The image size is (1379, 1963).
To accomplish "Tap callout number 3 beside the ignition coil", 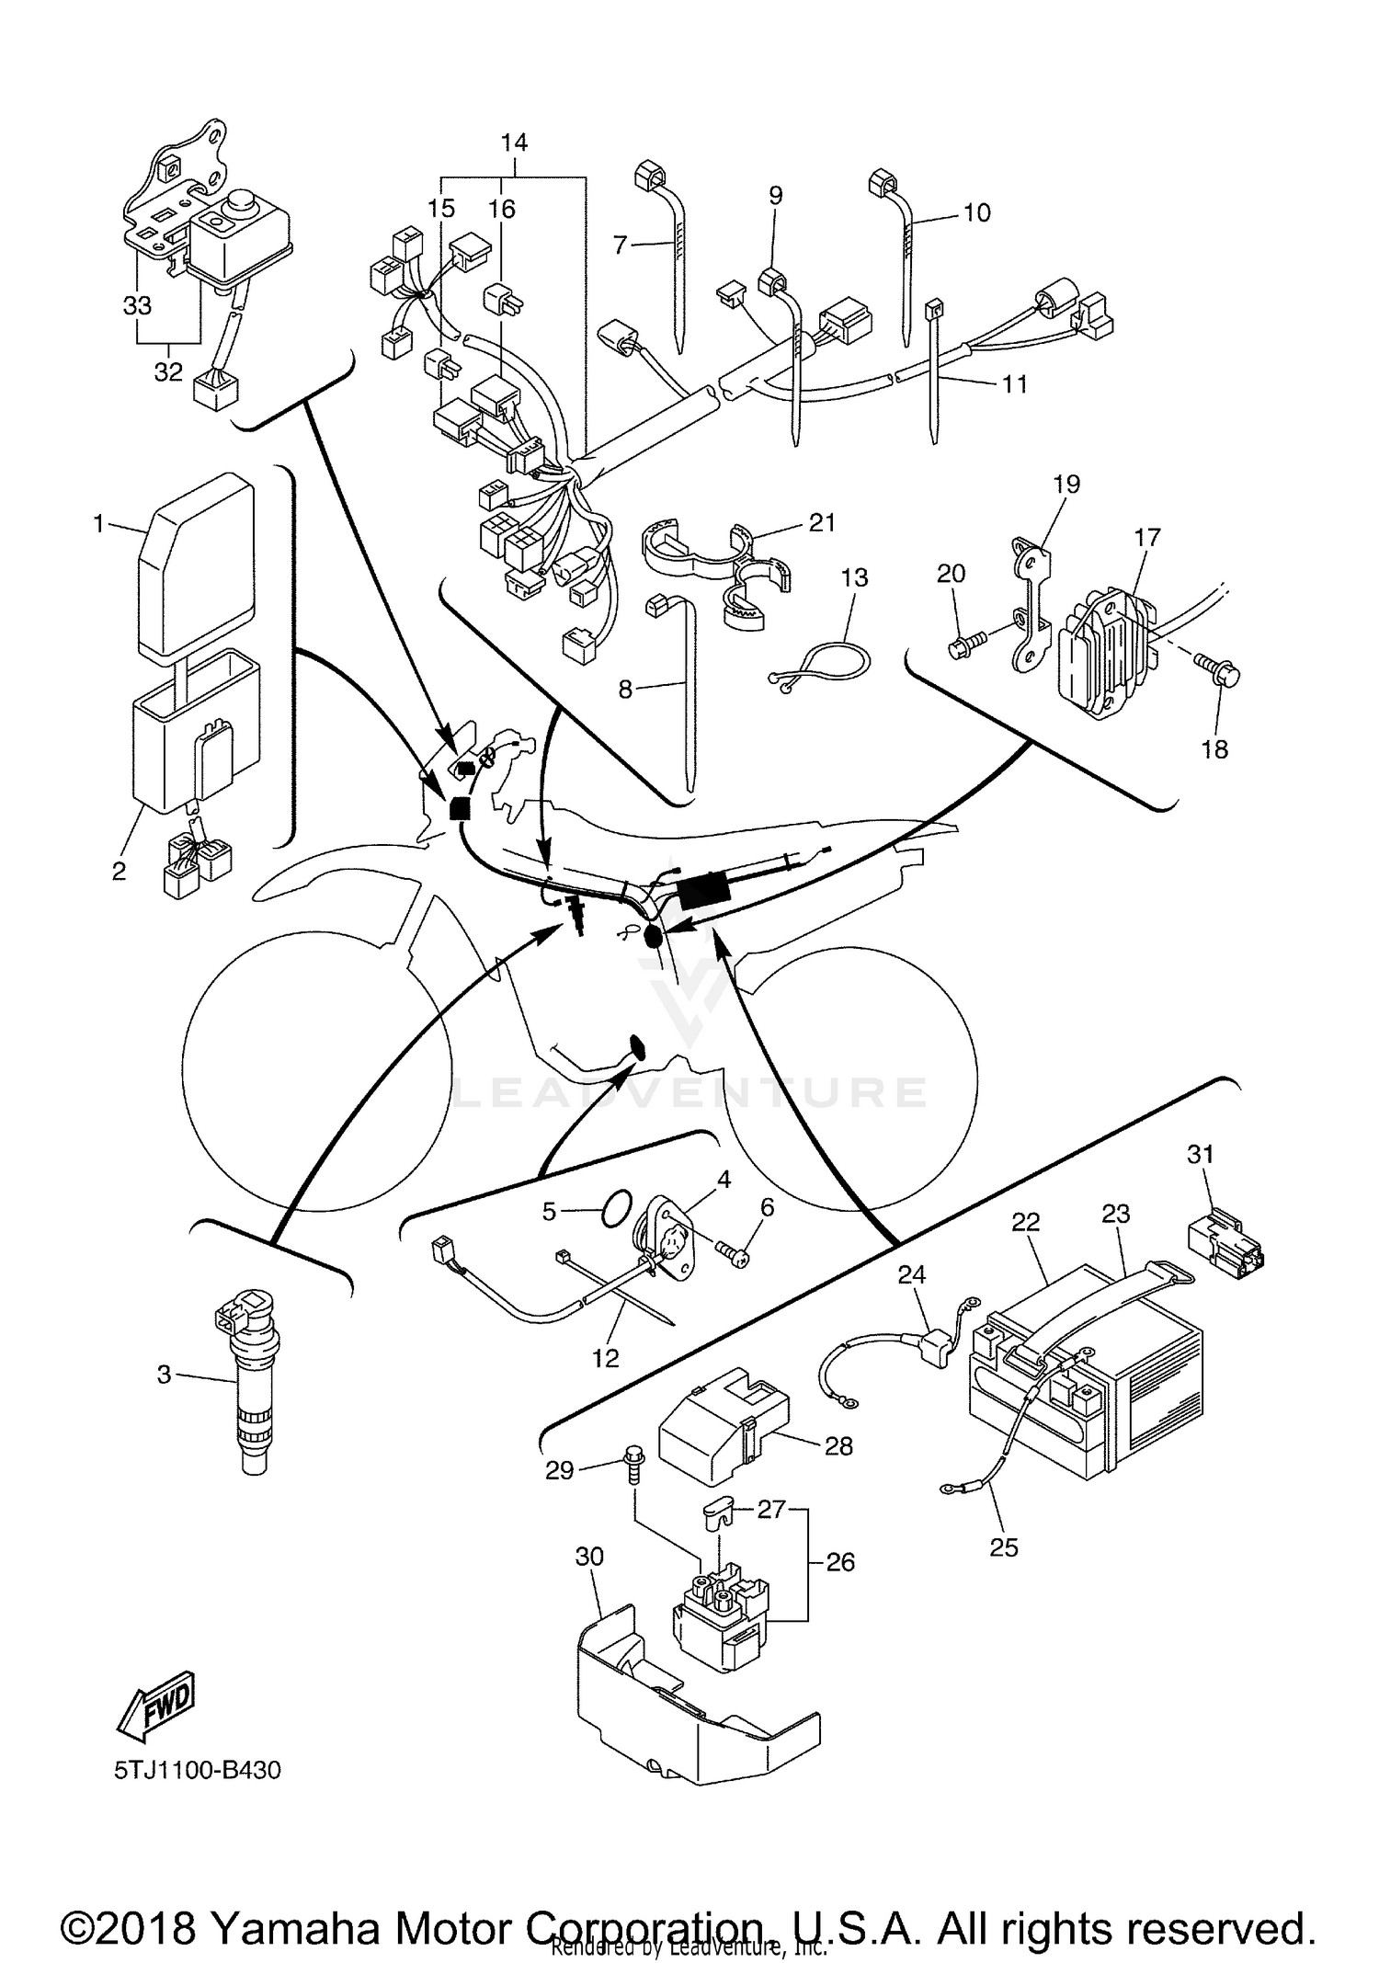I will click(x=164, y=1375).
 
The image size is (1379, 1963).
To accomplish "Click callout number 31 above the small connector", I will click(x=1201, y=1154).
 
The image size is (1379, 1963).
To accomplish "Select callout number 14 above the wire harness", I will click(x=515, y=143).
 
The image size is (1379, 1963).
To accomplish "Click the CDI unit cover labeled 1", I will click(x=195, y=565).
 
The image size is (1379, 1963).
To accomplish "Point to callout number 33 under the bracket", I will click(x=137, y=304).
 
